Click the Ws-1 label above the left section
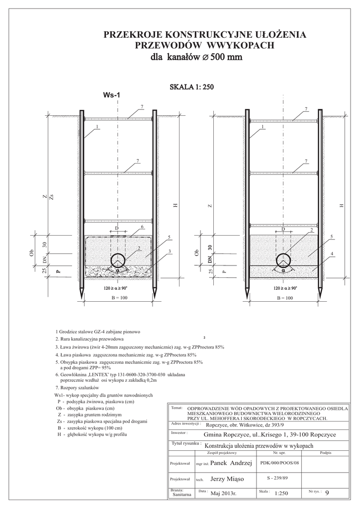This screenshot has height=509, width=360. [x=111, y=95]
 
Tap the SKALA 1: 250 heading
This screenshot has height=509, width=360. [x=191, y=87]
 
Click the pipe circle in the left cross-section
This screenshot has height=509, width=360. [x=118, y=259]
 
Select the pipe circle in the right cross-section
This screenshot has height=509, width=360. [x=283, y=259]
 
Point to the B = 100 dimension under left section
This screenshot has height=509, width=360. [x=118, y=298]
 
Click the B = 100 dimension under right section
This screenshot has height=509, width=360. [x=283, y=298]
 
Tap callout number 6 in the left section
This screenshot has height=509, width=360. [x=142, y=227]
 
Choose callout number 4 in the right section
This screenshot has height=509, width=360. [x=331, y=254]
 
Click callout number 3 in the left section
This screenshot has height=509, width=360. [x=170, y=252]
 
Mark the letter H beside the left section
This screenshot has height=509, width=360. [x=175, y=206]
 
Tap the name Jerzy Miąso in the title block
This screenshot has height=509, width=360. [x=227, y=479]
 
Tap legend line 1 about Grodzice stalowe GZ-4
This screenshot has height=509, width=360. [x=99, y=331]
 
